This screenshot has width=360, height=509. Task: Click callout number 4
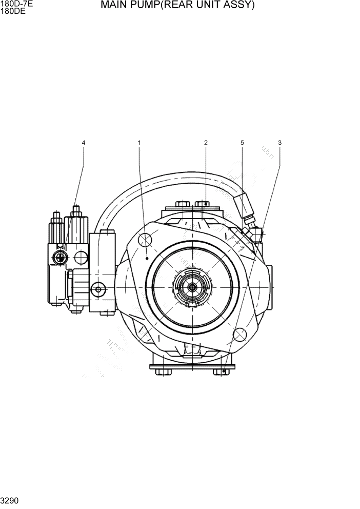(x=84, y=142)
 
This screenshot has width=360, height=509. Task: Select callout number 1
(x=139, y=142)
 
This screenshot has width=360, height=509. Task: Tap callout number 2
(x=206, y=142)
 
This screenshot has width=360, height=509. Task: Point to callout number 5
(x=242, y=142)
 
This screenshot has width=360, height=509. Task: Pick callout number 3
(x=279, y=142)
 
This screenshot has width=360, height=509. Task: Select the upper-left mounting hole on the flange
(x=146, y=240)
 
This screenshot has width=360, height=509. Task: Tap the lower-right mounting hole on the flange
(x=239, y=334)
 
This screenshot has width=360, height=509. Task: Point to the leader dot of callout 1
(x=147, y=260)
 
